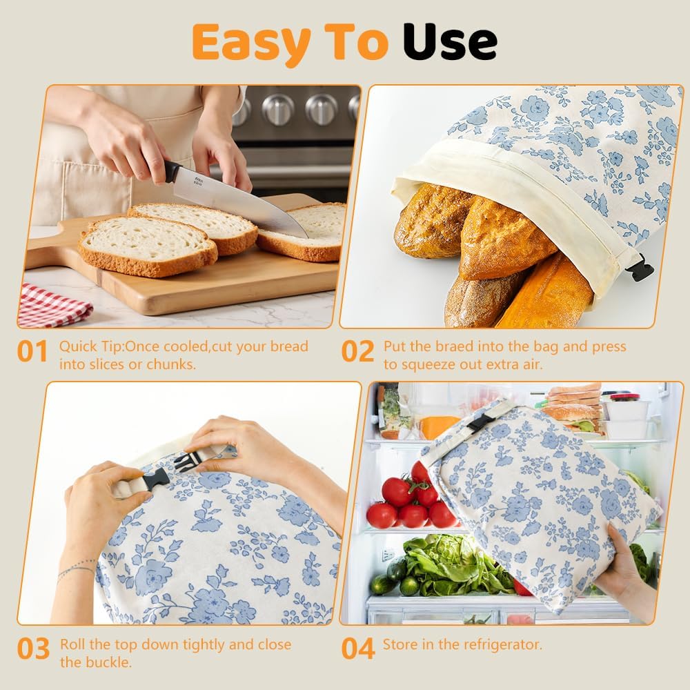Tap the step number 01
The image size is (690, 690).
(x=32, y=352)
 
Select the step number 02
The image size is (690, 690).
(x=357, y=352)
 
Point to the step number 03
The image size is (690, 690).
(x=33, y=649)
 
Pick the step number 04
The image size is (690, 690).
(x=358, y=649)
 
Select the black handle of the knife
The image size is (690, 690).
(x=172, y=172)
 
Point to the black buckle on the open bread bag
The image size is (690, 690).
(x=641, y=268)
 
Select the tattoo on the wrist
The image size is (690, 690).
(x=76, y=569)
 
